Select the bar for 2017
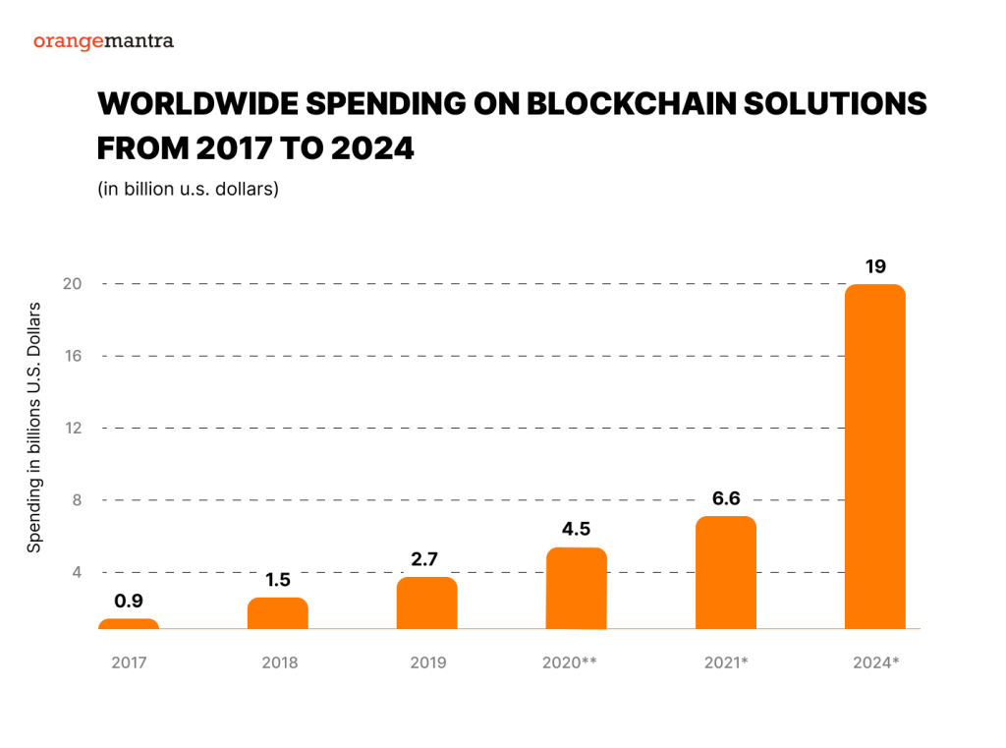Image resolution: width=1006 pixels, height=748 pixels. pos(129,623)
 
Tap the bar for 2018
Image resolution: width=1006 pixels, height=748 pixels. pos(278,613)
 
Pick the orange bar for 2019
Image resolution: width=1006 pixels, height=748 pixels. pos(427,603)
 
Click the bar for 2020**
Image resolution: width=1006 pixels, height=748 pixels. pos(577,588)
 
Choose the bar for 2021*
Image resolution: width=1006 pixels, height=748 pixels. pos(726,572)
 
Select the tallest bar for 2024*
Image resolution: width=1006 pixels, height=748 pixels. pos(874,456)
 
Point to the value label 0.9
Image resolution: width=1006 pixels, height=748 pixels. pos(129,601)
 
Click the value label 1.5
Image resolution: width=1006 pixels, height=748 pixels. pos(278,580)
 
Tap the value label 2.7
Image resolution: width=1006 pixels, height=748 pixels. pos(427,559)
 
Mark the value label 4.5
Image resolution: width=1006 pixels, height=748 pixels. pos(577,529)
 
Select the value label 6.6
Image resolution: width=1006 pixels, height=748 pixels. pos(726,498)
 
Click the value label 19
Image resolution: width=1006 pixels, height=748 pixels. pos(874,265)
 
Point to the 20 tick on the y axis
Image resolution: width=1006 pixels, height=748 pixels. pos(71,284)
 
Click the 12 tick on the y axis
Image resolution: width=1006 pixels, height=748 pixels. pos(71,429)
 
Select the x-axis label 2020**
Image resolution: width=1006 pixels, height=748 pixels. pos(570,662)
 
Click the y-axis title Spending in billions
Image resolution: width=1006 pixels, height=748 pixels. pos(34,428)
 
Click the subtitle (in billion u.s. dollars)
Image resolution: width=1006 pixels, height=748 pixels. pos(189,189)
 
